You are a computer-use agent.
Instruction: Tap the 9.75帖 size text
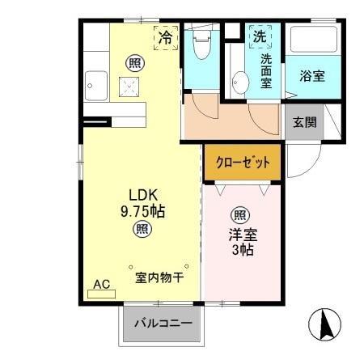click(144, 211)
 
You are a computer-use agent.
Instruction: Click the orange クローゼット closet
click(243, 162)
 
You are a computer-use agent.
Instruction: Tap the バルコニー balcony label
click(163, 324)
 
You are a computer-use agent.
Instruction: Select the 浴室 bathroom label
click(313, 77)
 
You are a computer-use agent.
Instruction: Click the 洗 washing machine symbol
click(260, 36)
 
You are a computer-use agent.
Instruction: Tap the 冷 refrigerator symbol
click(166, 36)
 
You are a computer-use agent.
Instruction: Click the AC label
click(102, 284)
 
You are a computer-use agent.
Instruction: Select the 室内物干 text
click(159, 277)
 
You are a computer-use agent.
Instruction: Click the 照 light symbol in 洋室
click(240, 214)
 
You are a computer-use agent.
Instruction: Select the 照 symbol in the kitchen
click(131, 62)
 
